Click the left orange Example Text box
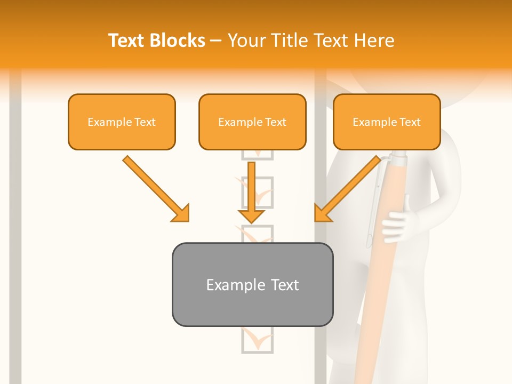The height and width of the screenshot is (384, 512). click(122, 122)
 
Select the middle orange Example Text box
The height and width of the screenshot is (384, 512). click(252, 122)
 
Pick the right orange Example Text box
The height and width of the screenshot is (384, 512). click(387, 122)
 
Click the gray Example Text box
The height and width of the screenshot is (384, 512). click(252, 284)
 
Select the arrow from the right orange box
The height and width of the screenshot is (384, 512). click(349, 188)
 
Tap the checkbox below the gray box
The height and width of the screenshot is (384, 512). click(257, 340)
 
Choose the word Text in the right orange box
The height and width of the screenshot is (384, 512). click(410, 122)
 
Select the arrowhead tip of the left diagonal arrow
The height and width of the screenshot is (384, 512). click(187, 219)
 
